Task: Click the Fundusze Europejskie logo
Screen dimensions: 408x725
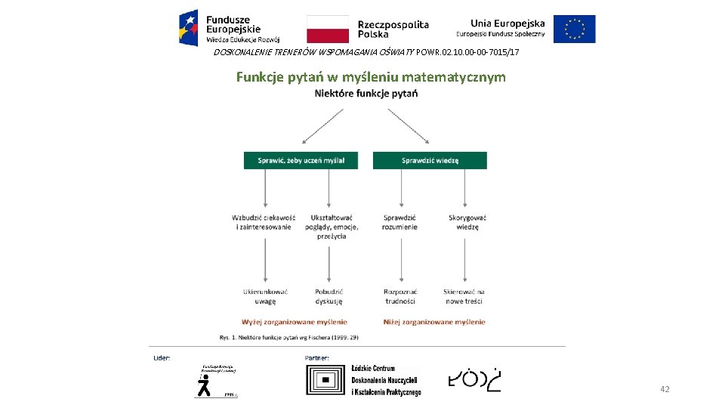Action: point(229,28)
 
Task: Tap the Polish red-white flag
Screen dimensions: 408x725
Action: point(328,29)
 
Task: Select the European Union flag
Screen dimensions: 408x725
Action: point(574,29)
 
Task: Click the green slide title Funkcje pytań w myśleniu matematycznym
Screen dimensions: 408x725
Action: point(371,77)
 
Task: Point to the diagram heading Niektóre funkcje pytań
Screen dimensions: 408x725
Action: point(366,94)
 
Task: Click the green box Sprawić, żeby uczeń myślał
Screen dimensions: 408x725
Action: point(301,160)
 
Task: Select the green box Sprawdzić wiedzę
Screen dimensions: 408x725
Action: point(430,160)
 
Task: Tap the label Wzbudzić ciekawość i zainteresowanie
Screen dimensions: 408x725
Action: point(264,222)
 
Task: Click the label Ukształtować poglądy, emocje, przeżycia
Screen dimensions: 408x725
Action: point(332,227)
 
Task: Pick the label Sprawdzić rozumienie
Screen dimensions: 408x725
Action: point(400,222)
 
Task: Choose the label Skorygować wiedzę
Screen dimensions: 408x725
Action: point(467,222)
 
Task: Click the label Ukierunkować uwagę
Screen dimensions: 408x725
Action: point(265,296)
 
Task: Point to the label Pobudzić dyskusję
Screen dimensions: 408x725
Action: point(329,296)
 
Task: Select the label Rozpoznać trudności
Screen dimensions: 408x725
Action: point(400,296)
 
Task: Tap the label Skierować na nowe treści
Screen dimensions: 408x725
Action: point(464,296)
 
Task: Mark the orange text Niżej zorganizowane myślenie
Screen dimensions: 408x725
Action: point(434,322)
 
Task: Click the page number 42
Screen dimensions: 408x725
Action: point(665,389)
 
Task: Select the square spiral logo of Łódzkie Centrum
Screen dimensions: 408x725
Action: point(327,381)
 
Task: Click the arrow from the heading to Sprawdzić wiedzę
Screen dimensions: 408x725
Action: point(409,126)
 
